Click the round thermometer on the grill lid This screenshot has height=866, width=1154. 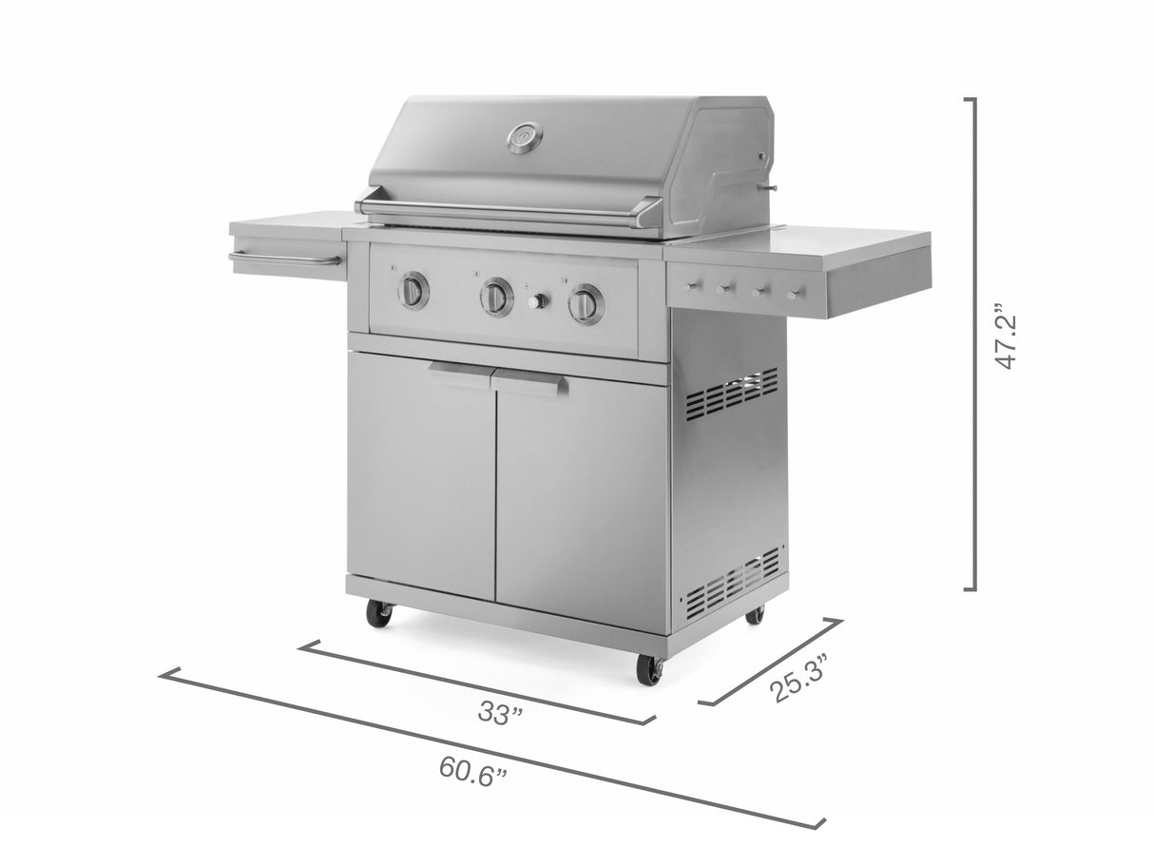coord(525,139)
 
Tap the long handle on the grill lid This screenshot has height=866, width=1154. coord(504,211)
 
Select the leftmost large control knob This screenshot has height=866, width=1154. coord(413,290)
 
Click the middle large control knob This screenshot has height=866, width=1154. coord(495,298)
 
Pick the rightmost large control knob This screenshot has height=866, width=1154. coord(585,303)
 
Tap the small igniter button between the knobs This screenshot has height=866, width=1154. coord(538,301)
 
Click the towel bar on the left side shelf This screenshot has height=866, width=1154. coord(284,259)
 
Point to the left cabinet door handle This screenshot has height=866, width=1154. coord(458,374)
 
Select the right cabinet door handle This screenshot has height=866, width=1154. coord(529,383)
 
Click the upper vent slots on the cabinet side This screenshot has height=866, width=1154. coord(731,393)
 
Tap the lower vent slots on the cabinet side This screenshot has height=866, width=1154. coord(732,581)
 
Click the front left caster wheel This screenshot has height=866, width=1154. coord(379,613)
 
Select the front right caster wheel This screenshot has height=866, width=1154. coord(650,669)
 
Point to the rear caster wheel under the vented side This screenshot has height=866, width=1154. coord(755,614)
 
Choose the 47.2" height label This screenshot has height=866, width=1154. coord(1007,337)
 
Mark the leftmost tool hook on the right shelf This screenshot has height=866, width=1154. coord(688,284)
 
